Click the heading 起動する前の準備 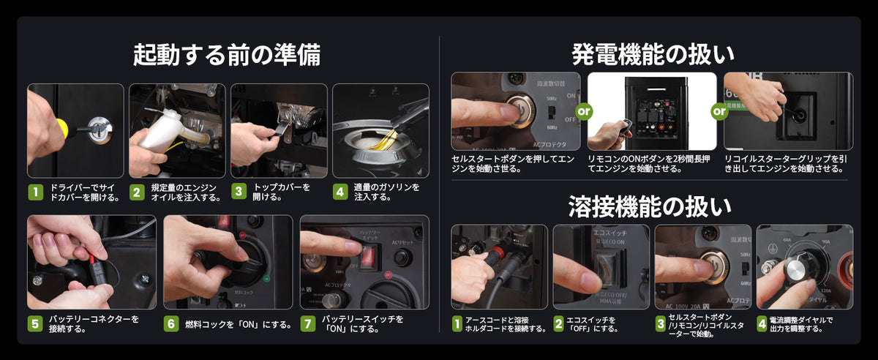click(226, 55)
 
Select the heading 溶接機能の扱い click(650, 207)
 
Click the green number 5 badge click(35, 323)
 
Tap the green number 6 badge click(171, 323)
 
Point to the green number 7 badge click(308, 323)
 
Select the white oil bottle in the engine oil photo click(162, 132)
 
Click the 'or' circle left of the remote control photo click(584, 112)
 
